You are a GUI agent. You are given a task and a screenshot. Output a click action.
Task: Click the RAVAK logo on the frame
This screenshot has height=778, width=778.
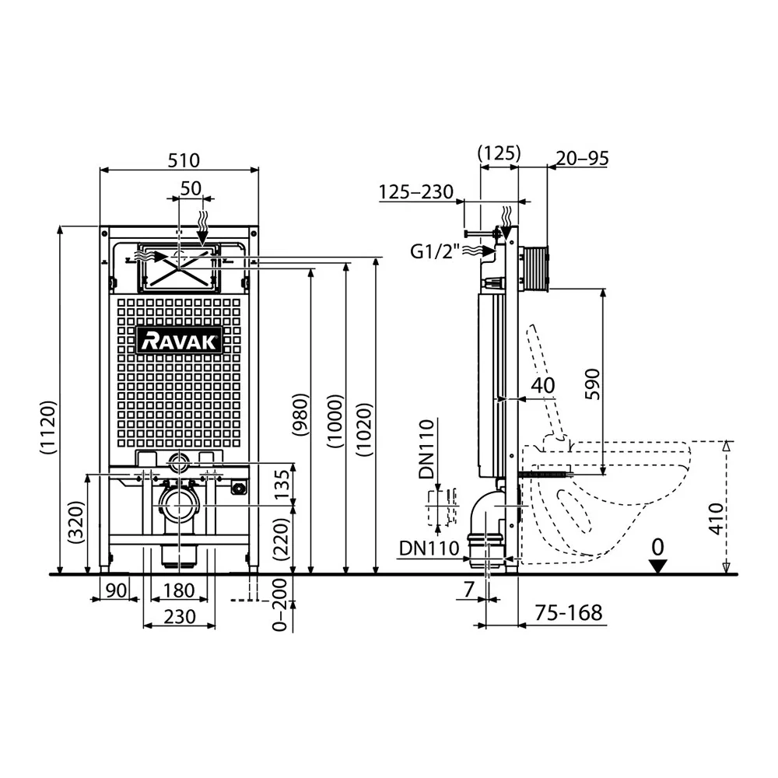[179, 341]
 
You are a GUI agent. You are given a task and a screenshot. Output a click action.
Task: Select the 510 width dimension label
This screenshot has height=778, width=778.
[184, 160]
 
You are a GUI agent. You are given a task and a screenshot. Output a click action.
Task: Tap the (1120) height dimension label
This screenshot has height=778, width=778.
[48, 427]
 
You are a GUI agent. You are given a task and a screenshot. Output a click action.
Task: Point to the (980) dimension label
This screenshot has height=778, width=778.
[300, 415]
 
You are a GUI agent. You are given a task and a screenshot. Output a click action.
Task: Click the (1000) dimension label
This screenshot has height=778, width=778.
[335, 421]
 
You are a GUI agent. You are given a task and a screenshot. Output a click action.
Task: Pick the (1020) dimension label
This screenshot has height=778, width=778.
[365, 429]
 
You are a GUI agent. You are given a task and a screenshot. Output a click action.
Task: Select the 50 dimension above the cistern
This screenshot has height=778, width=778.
[191, 188]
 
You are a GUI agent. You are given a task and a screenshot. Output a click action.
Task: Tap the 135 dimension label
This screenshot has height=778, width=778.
[281, 485]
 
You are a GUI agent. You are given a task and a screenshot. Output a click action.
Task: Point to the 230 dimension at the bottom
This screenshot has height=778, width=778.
[180, 617]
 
